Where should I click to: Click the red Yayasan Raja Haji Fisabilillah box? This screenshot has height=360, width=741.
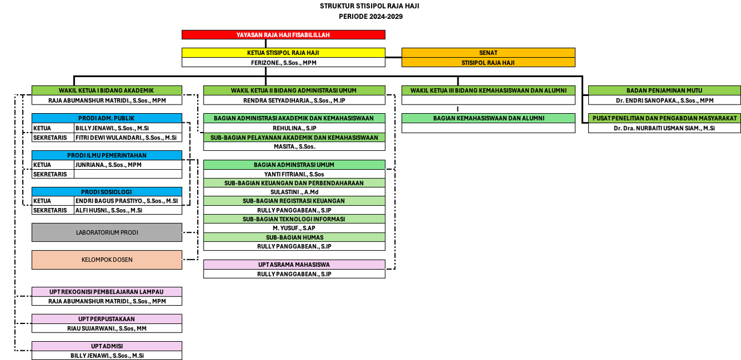pos(284,35)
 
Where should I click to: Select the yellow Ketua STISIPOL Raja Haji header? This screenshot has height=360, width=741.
pos(284,53)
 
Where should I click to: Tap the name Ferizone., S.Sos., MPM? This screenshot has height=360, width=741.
pos(284,63)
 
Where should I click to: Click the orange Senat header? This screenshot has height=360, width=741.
pos(488,53)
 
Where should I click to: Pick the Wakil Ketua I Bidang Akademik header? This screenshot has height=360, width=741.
pos(107,90)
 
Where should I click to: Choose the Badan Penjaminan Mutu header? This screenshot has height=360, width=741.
pos(664,90)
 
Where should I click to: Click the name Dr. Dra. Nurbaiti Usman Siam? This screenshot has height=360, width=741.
pos(664,128)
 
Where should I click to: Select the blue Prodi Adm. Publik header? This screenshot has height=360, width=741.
pos(107,118)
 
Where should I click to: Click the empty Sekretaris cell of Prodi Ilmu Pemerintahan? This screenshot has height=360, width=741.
pos(128,174)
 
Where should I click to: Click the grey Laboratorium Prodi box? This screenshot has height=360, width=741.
pos(107,233)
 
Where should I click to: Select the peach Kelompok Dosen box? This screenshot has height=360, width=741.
pos(107,260)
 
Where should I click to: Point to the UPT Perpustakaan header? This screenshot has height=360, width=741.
pos(107,319)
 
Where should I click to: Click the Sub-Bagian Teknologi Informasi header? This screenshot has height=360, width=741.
pos(294,219)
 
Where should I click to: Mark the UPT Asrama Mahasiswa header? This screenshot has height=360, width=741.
pos(294,265)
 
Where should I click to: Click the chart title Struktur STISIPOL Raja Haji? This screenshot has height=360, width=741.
pos(369,6)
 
